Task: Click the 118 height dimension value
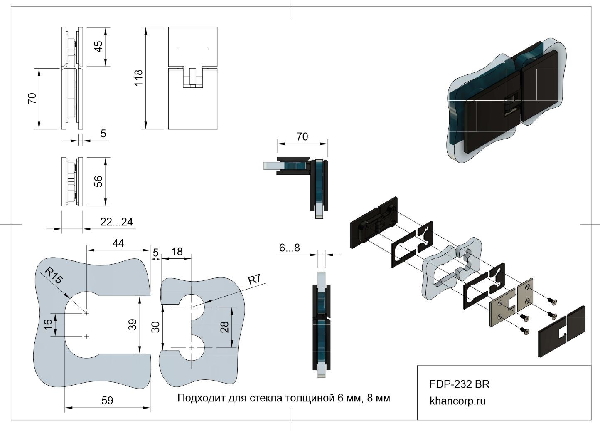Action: pos(138,78)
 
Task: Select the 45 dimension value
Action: pos(98,46)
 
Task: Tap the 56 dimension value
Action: pos(98,181)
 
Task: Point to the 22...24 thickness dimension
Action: pos(116,222)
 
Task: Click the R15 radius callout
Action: pos(53,276)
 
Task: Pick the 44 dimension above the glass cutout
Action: pos(118,243)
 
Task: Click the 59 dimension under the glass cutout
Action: pos(107,401)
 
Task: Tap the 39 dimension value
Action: pos(133,324)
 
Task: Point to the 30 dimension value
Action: pos(156,327)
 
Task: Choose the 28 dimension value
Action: pos(224,327)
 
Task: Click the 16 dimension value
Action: pos(49,324)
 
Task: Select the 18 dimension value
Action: pos(177,252)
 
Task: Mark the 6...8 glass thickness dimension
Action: pos(289,248)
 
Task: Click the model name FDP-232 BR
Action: pos(459,384)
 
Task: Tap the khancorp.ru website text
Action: pos(457,401)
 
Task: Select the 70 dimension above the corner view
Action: pos(302,136)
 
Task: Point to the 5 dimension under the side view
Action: pos(103,134)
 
